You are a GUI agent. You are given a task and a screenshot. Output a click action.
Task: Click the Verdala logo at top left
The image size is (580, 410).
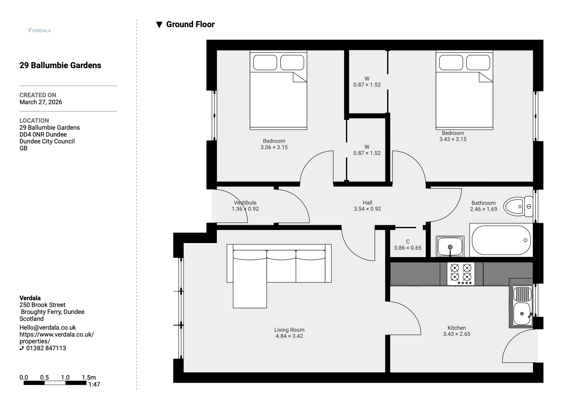pos(39,30)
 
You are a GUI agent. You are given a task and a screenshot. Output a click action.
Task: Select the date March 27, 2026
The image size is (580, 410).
pos(41,102)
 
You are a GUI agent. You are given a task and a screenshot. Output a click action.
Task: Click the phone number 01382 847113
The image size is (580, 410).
pos(46,348)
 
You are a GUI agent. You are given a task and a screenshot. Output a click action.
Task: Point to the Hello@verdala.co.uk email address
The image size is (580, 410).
pos(48,327)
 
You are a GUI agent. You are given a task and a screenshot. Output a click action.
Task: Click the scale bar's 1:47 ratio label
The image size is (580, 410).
pos(94,384)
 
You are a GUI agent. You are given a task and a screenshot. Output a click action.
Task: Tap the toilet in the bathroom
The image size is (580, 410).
pos(518,206)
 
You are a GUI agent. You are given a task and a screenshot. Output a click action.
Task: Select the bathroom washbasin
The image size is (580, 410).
pos(450,246)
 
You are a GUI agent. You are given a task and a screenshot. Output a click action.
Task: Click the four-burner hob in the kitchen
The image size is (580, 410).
pos(461,274)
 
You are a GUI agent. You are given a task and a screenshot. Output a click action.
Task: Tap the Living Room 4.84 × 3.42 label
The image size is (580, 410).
pos(289,333)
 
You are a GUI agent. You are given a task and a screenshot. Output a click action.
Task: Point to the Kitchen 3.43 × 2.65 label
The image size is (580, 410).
pos(457,331)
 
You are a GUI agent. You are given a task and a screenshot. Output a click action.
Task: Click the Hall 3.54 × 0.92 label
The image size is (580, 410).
pos(367,206)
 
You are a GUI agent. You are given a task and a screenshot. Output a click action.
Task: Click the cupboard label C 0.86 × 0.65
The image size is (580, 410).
pos(408,245)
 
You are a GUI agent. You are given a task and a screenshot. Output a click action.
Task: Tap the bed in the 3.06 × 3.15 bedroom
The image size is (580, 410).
pos(278,90)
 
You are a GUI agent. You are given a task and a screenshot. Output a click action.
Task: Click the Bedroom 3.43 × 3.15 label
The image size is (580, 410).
pos(453,136)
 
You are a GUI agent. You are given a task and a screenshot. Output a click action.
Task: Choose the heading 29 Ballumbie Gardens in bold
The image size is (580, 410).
pos(60,65)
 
